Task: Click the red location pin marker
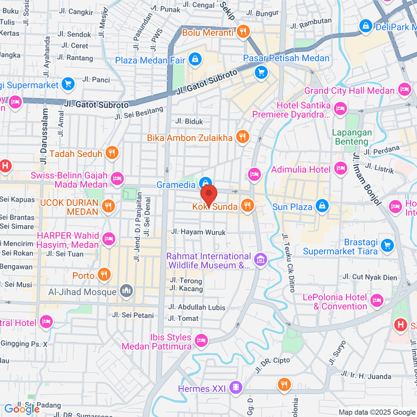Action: [x=209, y=195]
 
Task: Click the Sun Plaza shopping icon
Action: [x=322, y=206]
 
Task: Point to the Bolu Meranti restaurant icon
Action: [x=242, y=32]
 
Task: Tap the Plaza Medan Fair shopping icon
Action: [x=195, y=59]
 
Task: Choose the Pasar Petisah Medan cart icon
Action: [x=261, y=72]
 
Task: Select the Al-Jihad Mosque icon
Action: [x=127, y=291]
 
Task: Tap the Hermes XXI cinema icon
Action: [x=237, y=388]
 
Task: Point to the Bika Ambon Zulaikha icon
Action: [x=242, y=137]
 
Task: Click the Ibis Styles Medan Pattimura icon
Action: [x=201, y=339]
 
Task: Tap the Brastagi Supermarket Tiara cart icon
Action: [x=388, y=245]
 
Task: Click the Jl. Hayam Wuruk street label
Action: [x=198, y=232]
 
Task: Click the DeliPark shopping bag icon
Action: [x=365, y=26]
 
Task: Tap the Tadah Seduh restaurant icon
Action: [x=112, y=153]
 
